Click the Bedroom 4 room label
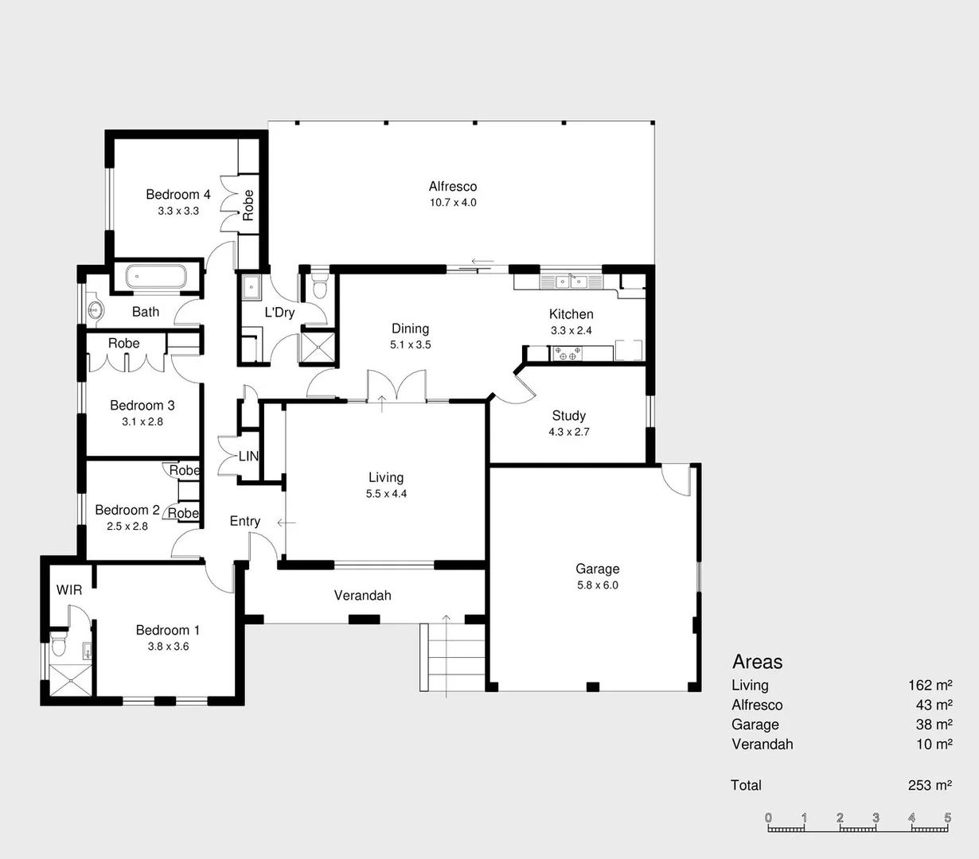(x=177, y=194)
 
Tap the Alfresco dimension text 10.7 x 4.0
(x=453, y=203)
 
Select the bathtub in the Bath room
(x=156, y=278)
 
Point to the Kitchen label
(x=571, y=314)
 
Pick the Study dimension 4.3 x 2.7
(x=568, y=432)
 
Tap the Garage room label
(x=597, y=569)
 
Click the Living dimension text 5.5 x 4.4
(x=386, y=494)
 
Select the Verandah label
(x=362, y=595)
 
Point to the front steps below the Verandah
(x=452, y=657)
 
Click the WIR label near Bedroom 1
(x=69, y=590)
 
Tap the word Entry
(x=244, y=521)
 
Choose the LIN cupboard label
(x=248, y=457)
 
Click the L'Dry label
(x=279, y=313)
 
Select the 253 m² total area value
(x=930, y=785)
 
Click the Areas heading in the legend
(x=757, y=662)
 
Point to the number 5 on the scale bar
(x=947, y=818)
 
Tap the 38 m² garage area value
(x=934, y=725)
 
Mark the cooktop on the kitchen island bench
(x=568, y=354)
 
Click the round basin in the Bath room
(x=96, y=310)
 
